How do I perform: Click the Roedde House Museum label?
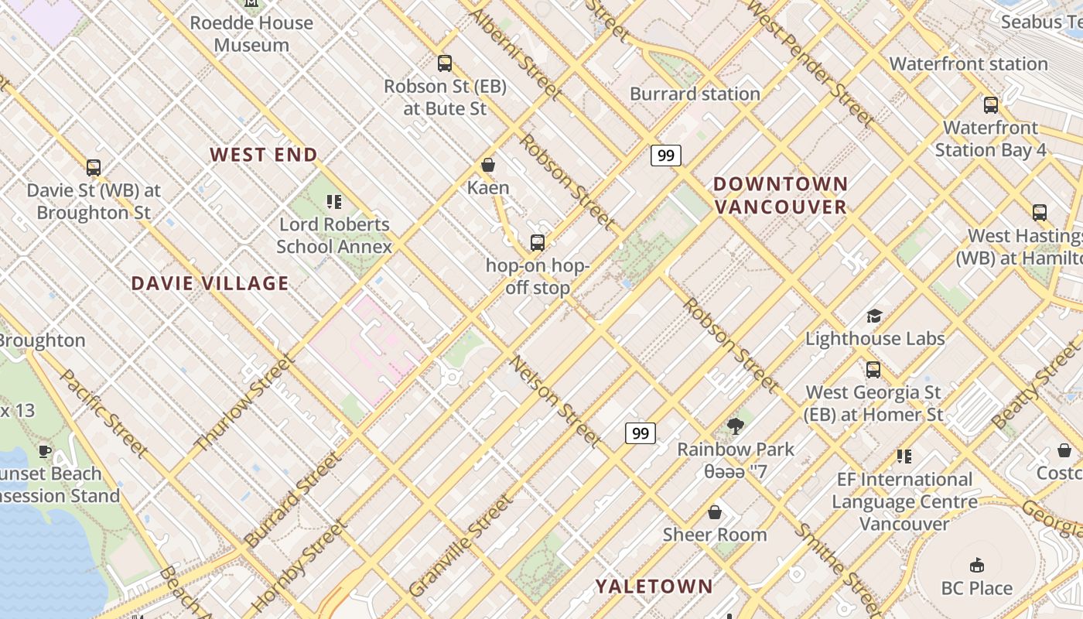(251, 34)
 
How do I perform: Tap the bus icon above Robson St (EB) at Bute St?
(444, 63)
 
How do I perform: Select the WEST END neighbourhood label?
(264, 155)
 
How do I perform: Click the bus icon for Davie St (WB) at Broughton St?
(94, 167)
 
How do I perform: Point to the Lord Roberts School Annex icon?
(334, 202)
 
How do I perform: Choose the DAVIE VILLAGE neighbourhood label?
(210, 283)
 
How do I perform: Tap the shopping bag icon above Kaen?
(488, 165)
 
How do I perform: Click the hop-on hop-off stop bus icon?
(538, 243)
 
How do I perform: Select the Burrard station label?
(695, 94)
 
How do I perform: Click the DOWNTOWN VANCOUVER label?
(781, 196)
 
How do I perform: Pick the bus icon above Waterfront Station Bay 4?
(991, 105)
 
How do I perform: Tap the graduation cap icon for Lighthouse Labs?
(874, 316)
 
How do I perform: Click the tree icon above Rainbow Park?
(736, 426)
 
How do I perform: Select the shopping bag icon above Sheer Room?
(715, 512)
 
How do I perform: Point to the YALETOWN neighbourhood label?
(654, 587)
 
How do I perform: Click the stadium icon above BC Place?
(977, 565)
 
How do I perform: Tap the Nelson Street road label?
(555, 402)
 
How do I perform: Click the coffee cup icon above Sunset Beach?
(45, 451)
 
